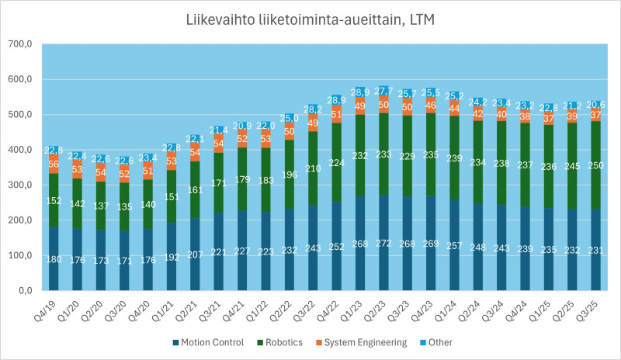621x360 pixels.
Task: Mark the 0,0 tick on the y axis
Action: coord(20,290)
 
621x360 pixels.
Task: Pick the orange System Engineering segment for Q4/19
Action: coord(54,164)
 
